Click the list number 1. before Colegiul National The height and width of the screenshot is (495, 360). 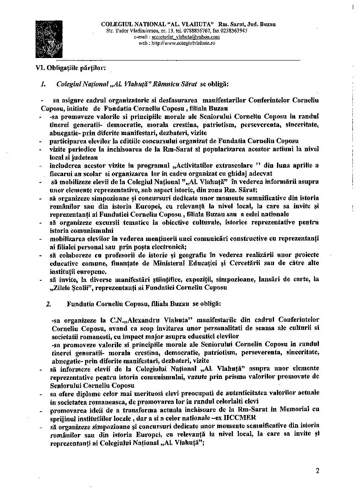tap(43, 84)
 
